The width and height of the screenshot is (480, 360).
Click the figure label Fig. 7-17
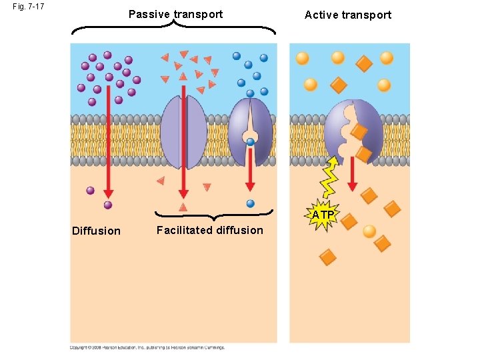(x=28, y=7)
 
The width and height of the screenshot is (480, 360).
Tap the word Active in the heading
(x=321, y=15)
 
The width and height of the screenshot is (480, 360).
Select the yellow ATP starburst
(x=323, y=215)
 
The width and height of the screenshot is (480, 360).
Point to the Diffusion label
(x=96, y=231)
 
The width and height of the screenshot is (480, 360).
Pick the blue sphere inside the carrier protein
(x=250, y=141)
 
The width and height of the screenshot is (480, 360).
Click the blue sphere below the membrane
(x=251, y=203)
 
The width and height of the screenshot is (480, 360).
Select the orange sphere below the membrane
(x=369, y=231)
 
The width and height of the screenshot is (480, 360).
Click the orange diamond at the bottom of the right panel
(x=327, y=257)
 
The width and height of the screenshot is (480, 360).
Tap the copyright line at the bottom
(x=147, y=347)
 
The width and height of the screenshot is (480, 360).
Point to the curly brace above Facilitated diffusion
(x=214, y=215)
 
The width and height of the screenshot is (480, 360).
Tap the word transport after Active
(x=366, y=15)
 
